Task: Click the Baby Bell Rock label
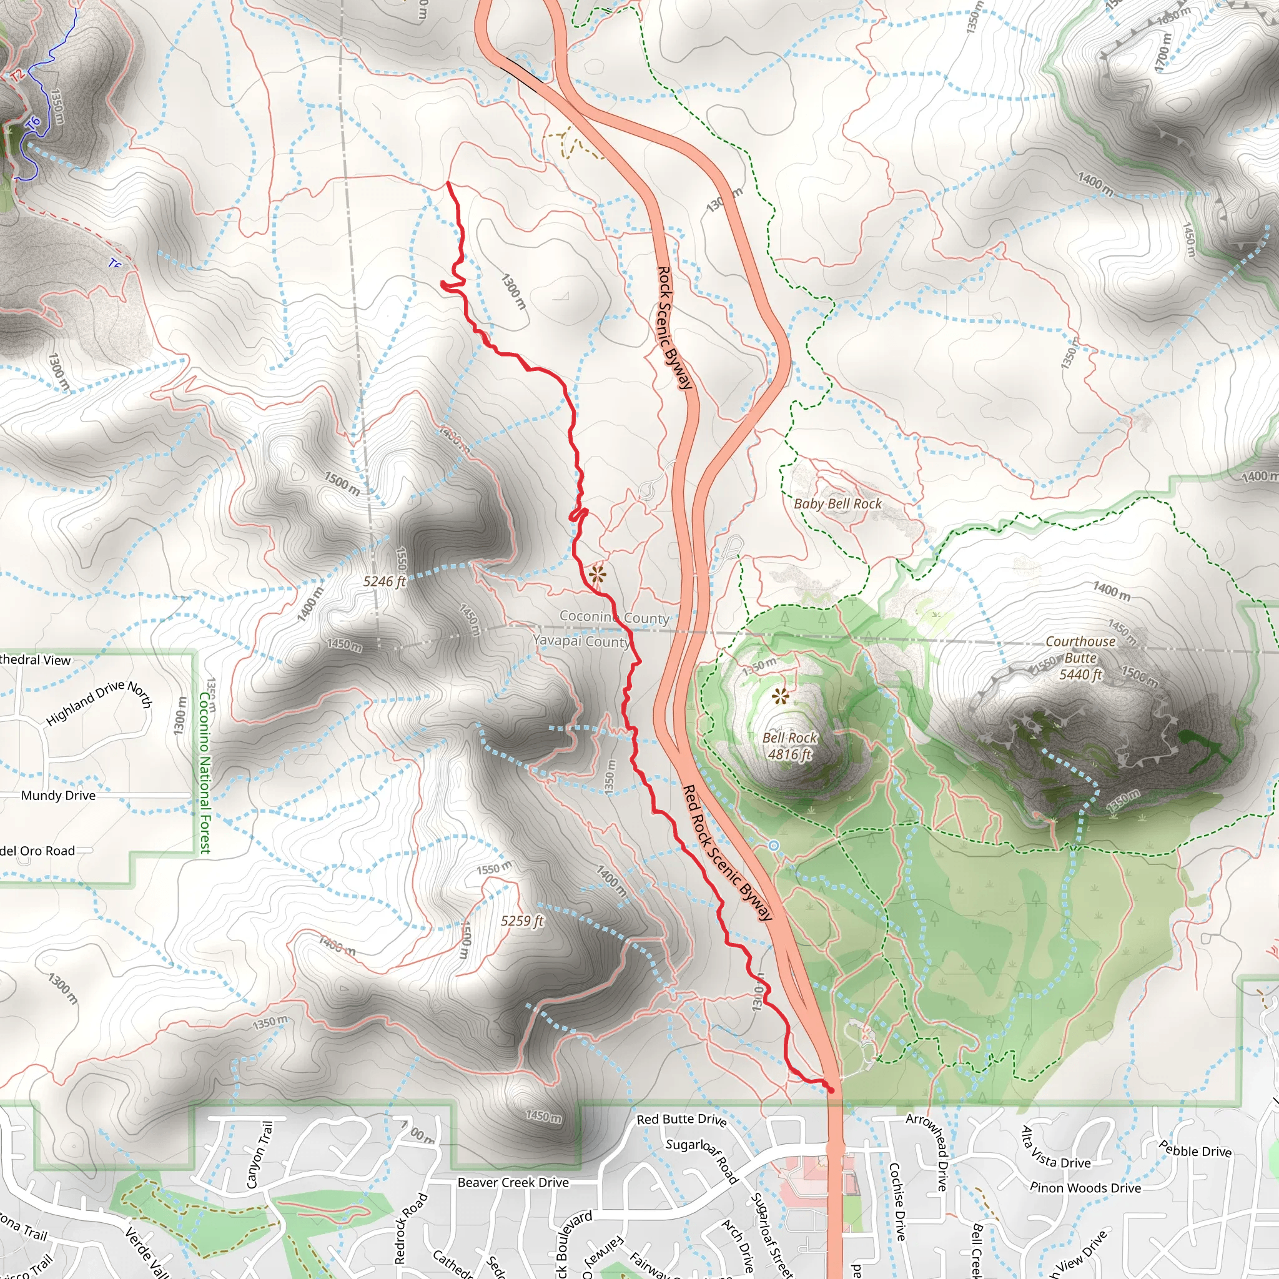(837, 504)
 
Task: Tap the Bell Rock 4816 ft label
(789, 746)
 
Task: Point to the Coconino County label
(615, 617)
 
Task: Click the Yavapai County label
(581, 641)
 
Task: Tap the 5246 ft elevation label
(384, 581)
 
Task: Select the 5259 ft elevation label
(521, 921)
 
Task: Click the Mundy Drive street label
(58, 796)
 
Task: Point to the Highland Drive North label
(99, 703)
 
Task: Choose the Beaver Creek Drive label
(513, 1182)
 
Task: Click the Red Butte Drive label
(681, 1120)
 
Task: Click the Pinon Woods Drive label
(1085, 1188)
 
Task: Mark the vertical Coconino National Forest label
(205, 773)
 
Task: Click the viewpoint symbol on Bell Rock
(781, 696)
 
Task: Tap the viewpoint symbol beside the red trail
(597, 574)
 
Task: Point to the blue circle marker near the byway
(773, 846)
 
